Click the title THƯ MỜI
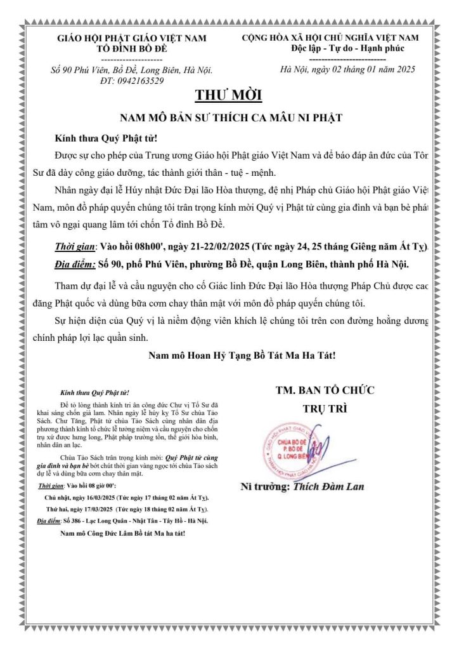tap(228, 96)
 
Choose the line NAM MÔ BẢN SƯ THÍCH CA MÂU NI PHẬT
tap(231, 118)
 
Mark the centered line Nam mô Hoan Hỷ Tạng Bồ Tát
tap(242, 355)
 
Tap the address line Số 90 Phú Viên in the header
tap(132, 70)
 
